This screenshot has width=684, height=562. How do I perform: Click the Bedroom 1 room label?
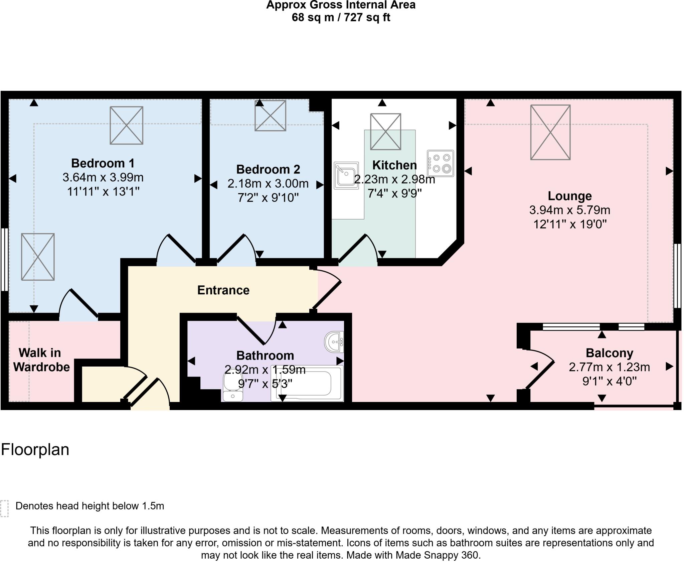tap(103, 163)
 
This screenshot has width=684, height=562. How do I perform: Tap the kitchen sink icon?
tap(346, 175)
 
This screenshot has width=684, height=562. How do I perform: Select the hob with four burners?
tap(441, 163)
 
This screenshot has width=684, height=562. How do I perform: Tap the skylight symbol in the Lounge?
tap(550, 132)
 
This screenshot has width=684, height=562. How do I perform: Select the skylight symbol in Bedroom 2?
tap(270, 116)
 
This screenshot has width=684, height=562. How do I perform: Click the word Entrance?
tap(223, 290)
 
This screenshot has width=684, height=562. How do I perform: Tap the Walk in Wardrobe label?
tap(41, 360)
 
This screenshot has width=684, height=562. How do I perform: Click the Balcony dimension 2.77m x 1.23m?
tap(609, 367)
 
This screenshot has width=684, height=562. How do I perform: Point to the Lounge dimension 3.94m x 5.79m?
tap(569, 210)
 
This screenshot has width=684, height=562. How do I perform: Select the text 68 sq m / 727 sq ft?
tap(341, 17)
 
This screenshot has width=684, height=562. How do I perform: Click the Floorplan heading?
tap(35, 450)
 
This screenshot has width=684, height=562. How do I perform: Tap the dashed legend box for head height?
tap(4, 509)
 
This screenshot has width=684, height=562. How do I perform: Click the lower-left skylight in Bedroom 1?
tap(38, 257)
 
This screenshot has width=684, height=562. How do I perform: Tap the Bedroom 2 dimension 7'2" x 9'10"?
tap(268, 198)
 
